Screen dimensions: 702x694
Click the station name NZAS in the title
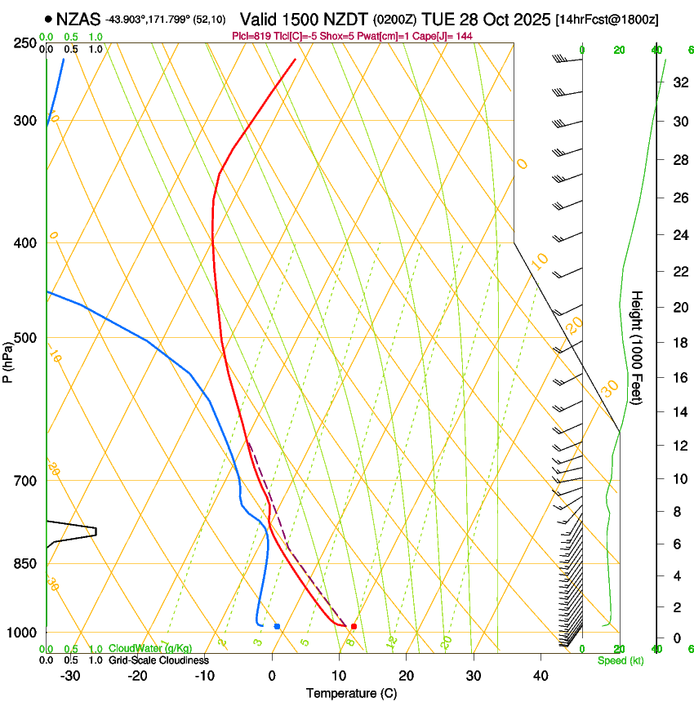click(78, 19)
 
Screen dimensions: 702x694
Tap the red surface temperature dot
click(354, 626)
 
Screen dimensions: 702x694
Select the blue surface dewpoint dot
click(278, 626)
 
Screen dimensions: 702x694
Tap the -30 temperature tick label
click(70, 675)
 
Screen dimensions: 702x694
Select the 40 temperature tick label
click(541, 675)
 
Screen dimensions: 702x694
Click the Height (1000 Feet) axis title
click(637, 347)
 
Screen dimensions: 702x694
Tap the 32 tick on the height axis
click(678, 82)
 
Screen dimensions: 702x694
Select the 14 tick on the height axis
click(678, 413)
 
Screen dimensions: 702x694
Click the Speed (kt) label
click(620, 660)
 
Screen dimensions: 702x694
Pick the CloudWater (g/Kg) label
click(150, 649)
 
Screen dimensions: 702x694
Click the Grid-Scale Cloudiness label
click(158, 660)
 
